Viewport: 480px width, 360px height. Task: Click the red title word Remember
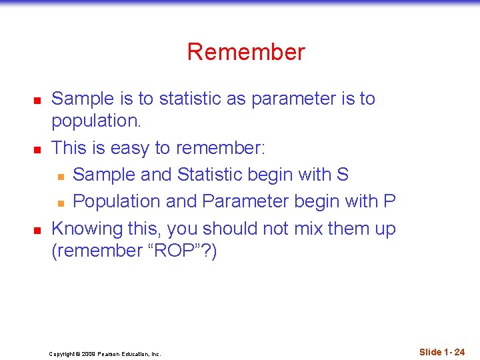pos(246,52)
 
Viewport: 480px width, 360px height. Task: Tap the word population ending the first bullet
pos(94,121)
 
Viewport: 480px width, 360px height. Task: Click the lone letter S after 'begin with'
pos(343,174)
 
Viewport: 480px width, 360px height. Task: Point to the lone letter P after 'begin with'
pos(390,201)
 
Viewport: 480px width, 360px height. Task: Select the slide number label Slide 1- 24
pos(442,351)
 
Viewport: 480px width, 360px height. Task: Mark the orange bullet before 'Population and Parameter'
pos(60,202)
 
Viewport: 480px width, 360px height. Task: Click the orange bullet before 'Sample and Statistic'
pos(60,175)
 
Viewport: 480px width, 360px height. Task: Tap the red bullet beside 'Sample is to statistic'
pos(38,100)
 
